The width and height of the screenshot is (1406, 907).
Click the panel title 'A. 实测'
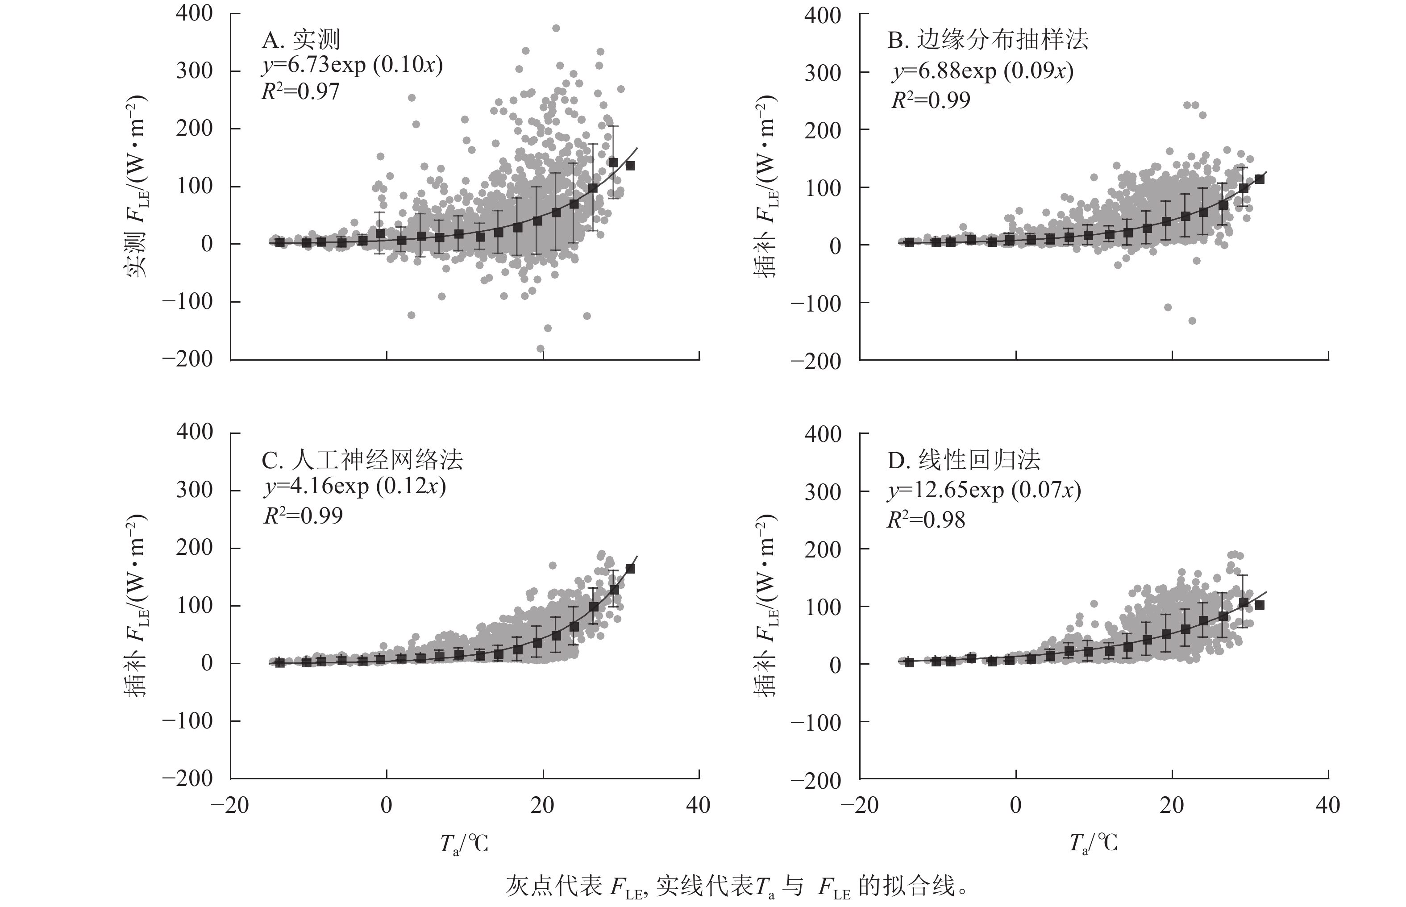[301, 40]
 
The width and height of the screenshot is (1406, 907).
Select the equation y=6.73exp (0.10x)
[352, 65]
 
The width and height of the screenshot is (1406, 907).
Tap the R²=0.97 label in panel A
[300, 92]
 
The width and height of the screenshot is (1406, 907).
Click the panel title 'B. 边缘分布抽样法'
[988, 40]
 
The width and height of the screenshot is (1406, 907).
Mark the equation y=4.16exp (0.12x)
[354, 487]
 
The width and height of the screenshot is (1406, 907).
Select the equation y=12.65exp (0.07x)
[984, 490]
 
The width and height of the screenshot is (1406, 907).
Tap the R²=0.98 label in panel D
[926, 520]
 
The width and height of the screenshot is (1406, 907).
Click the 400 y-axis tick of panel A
[194, 13]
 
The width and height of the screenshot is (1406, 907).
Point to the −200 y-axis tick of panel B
[815, 361]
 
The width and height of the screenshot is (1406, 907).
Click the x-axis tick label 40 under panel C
[698, 805]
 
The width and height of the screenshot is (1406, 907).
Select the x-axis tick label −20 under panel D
[860, 805]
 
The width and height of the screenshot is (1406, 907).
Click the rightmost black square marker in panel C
[630, 569]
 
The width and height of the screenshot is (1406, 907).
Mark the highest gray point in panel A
[556, 28]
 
